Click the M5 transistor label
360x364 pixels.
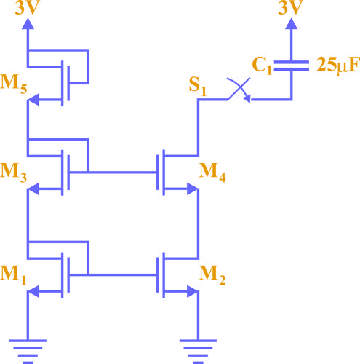(14, 84)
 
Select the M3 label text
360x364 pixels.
(14, 173)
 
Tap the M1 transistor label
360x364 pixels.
(13, 275)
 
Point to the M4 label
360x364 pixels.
(212, 173)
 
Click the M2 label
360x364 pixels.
(212, 275)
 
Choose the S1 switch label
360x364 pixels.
(198, 87)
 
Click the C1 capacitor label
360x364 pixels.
(262, 66)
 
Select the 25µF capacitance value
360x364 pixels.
(338, 66)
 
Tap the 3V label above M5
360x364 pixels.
(27, 7)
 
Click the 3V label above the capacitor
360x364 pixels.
(290, 7)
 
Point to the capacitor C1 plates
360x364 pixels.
(292, 66)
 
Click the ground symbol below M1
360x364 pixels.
(28, 352)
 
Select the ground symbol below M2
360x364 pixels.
(198, 352)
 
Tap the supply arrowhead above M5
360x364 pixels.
(28, 24)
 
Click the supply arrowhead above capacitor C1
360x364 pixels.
(292, 24)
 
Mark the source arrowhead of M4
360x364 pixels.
(193, 189)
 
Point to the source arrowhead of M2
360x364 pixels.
(193, 291)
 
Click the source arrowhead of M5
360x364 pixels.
(33, 100)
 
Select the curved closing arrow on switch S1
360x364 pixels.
(240, 88)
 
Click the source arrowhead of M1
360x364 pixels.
(33, 291)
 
